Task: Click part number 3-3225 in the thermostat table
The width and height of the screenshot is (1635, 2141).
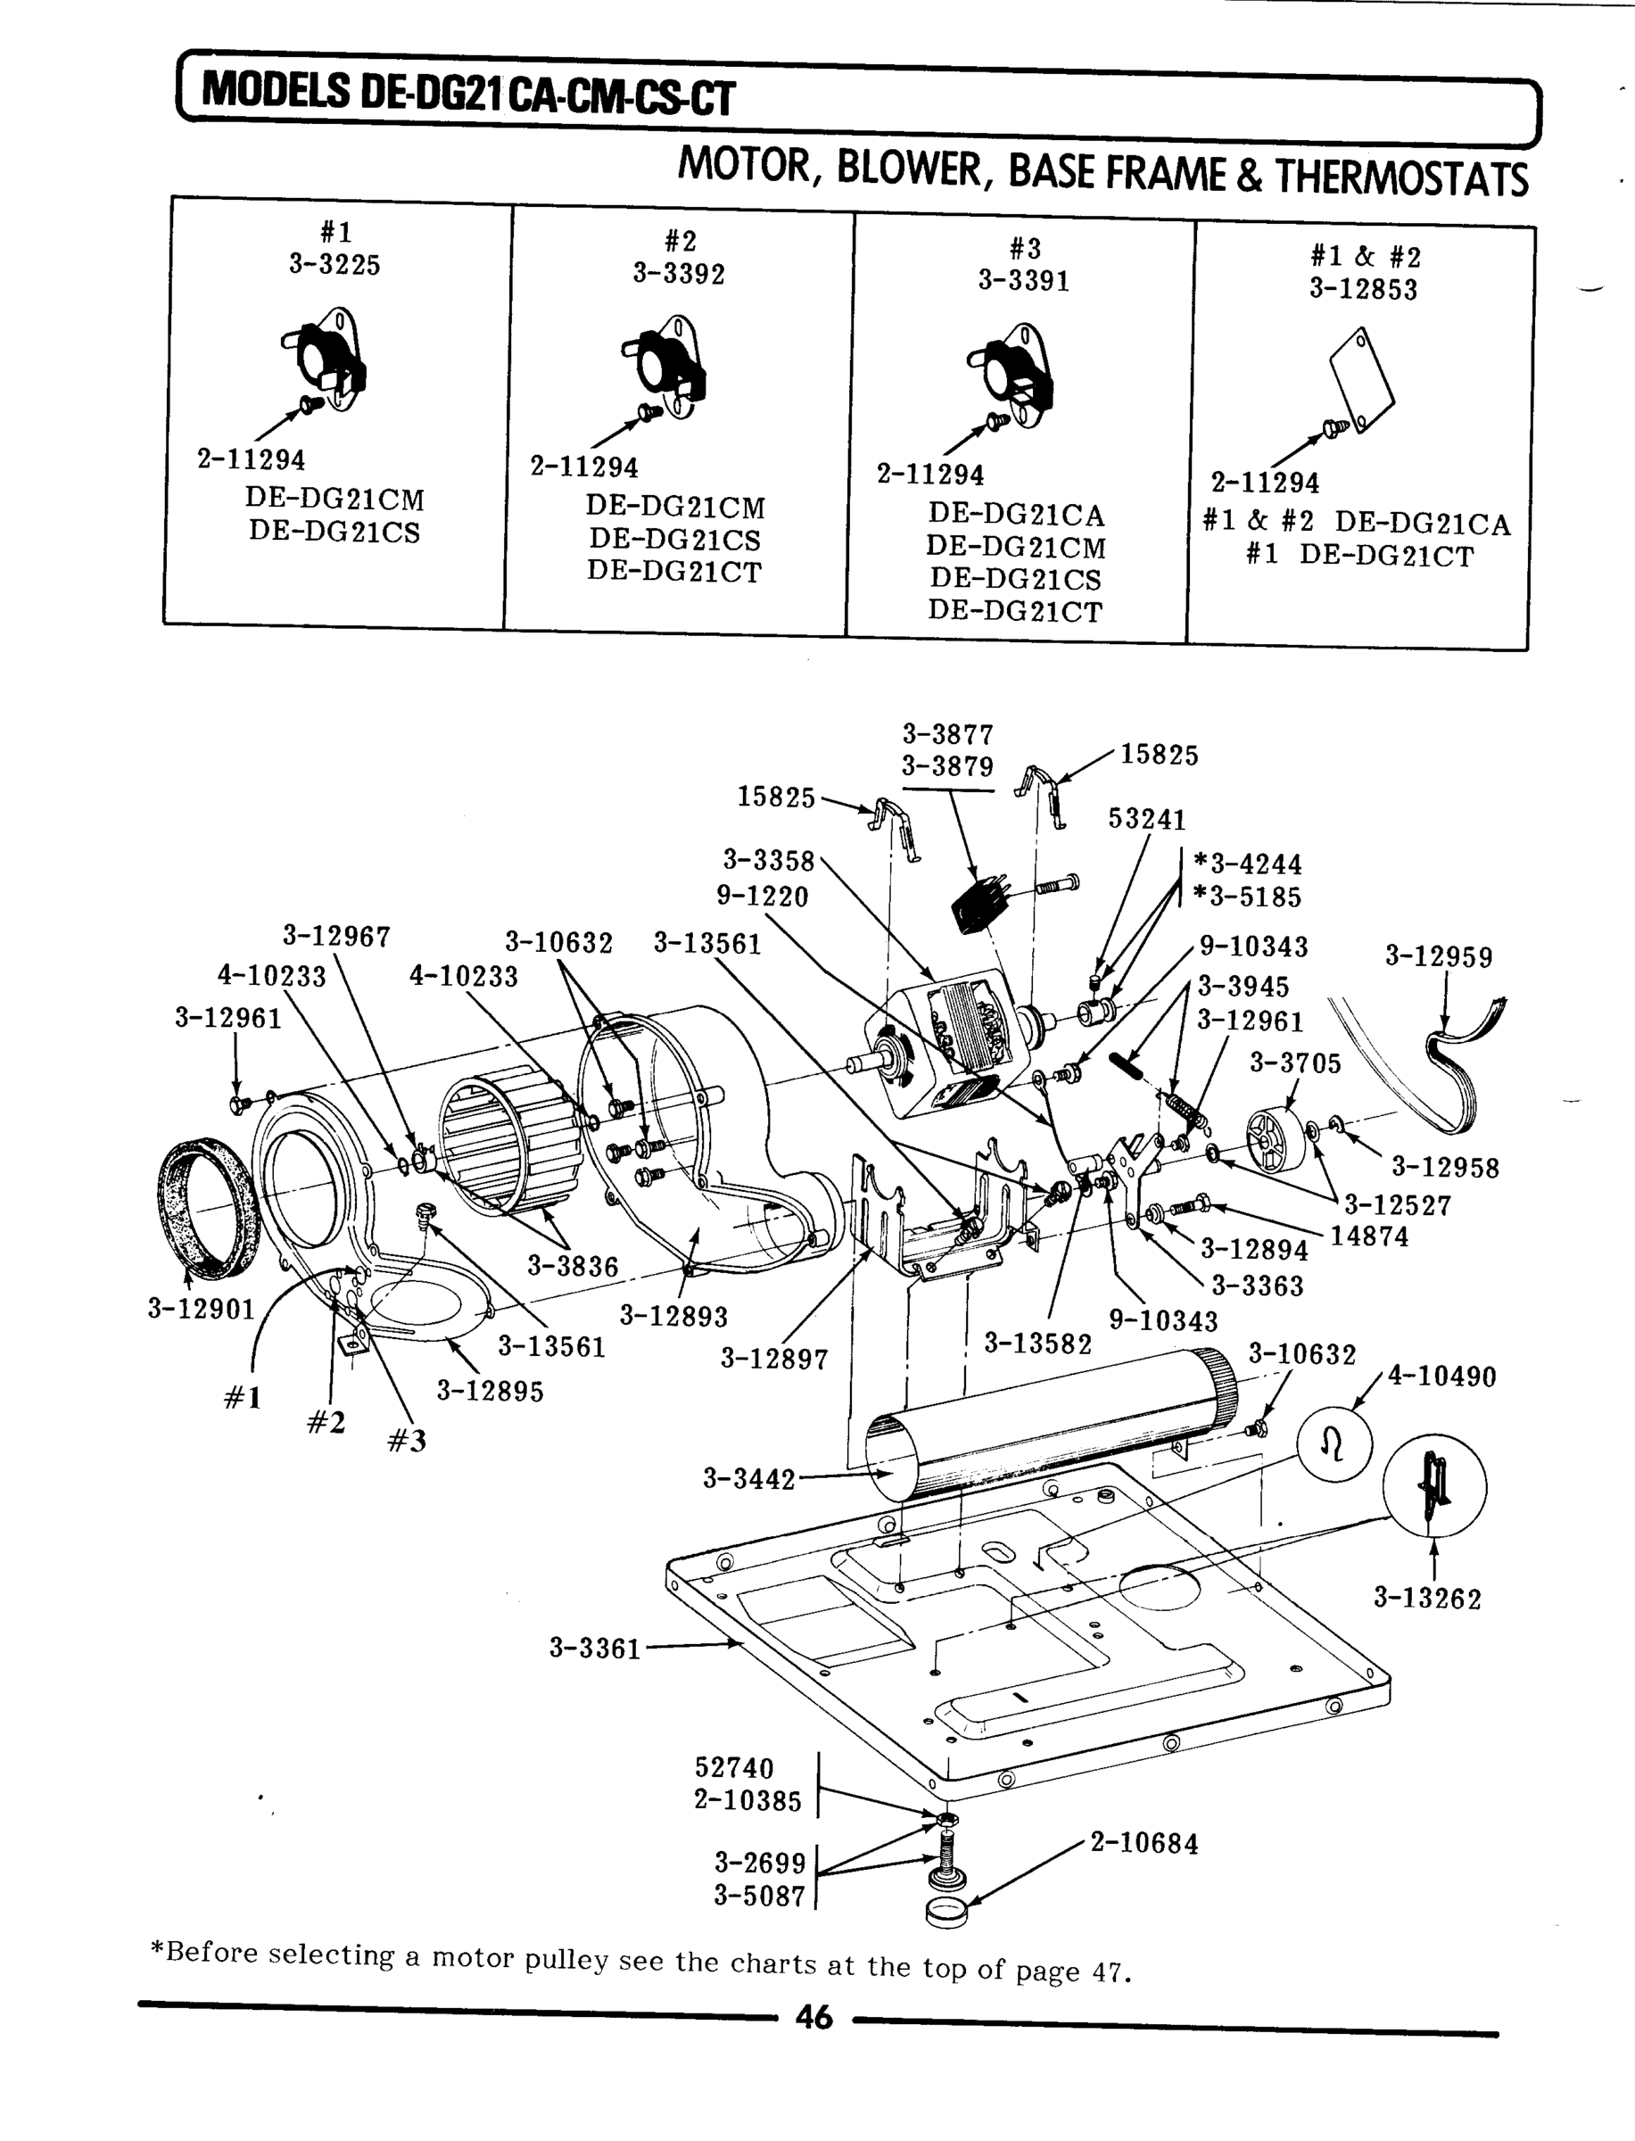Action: coord(334,265)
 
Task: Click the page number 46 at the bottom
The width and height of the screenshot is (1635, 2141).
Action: coord(813,2019)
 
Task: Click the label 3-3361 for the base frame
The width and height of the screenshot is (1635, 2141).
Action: coord(595,1649)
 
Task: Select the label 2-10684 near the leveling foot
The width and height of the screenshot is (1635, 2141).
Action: coord(1144,1843)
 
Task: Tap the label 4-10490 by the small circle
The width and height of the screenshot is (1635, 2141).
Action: coord(1441,1376)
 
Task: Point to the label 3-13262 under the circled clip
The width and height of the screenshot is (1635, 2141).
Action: coord(1427,1598)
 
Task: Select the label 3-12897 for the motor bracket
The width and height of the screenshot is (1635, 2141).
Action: coord(773,1358)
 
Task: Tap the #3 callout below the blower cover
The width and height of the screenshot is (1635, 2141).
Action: coord(407,1441)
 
